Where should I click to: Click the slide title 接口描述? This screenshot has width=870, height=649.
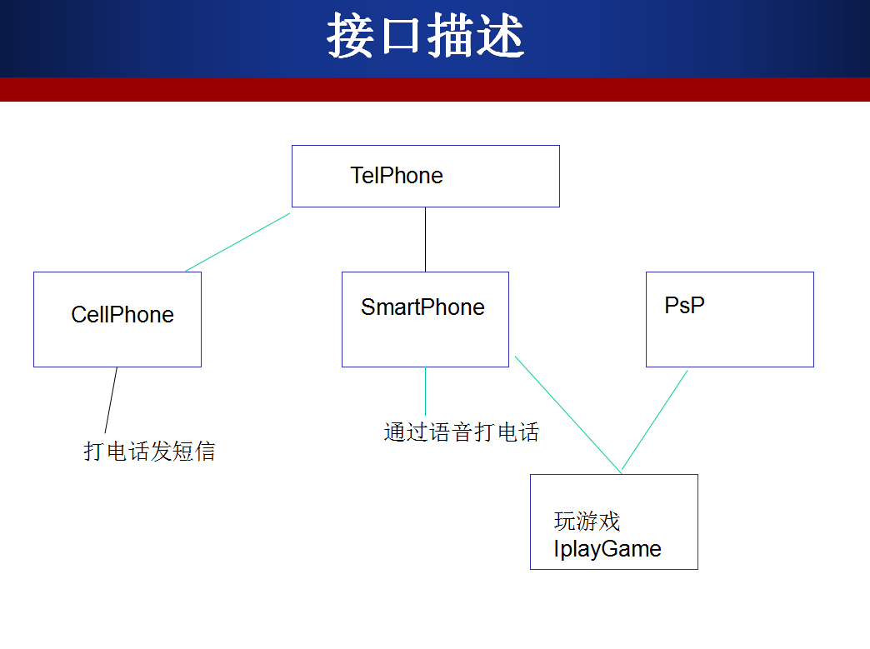[425, 37]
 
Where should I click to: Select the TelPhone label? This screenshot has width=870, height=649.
[397, 176]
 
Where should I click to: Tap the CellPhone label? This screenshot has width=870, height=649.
[122, 315]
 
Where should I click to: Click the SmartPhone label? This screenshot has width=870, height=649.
[422, 307]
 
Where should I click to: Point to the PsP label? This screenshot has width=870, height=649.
[684, 305]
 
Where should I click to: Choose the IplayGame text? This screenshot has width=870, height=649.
[607, 549]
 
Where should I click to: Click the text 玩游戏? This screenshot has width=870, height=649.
[587, 522]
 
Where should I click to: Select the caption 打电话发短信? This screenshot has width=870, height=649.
[149, 452]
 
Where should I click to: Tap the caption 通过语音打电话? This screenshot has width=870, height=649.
[461, 432]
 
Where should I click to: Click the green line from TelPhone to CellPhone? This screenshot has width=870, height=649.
[237, 242]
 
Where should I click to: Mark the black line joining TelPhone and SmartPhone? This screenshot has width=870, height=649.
[425, 239]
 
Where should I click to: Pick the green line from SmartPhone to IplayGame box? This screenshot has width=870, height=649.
[567, 414]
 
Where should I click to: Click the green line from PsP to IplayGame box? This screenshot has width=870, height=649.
[655, 421]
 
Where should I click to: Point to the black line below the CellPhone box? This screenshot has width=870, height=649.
[111, 401]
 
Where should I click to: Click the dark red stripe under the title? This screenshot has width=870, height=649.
[435, 89]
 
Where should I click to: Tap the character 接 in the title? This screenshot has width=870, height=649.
[349, 37]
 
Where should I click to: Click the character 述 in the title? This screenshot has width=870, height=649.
[501, 37]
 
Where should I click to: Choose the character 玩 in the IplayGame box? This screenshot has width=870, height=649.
[564, 522]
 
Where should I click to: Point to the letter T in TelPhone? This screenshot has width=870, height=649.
[357, 176]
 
